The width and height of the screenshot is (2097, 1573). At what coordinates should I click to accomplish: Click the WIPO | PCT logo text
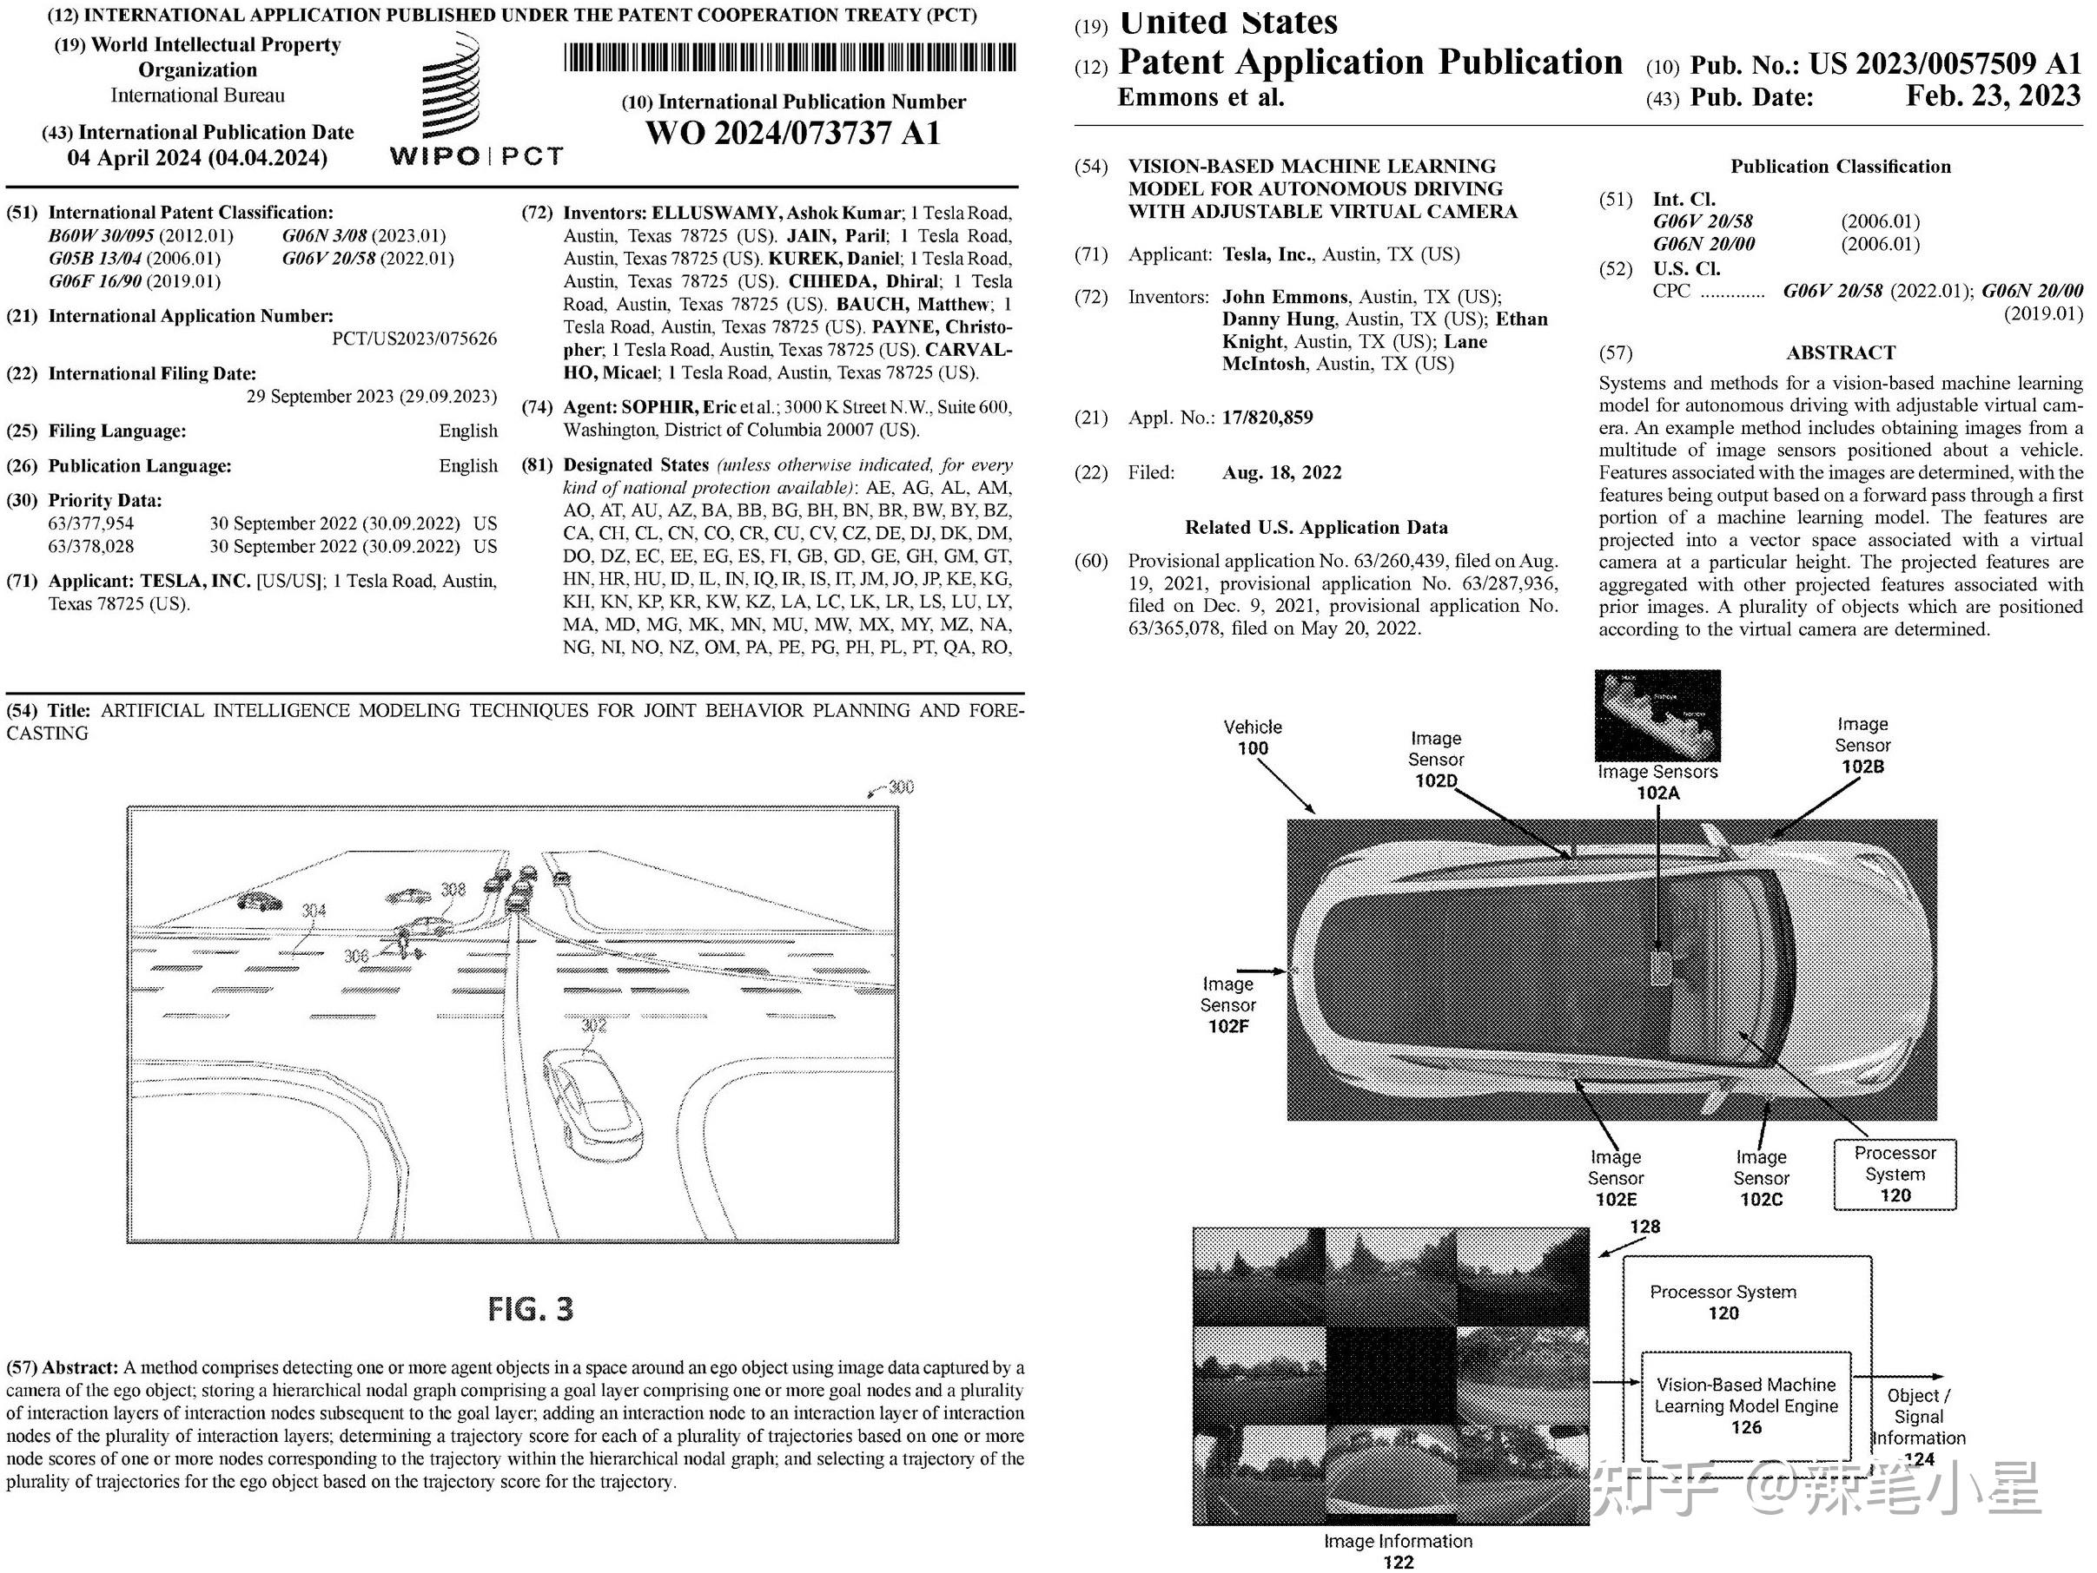pos(476,156)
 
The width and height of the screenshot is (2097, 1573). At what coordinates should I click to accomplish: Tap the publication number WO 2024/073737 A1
pos(792,134)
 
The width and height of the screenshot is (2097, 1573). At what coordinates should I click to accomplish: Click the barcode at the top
pos(790,59)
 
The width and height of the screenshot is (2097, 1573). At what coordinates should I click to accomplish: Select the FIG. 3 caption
pos(530,1308)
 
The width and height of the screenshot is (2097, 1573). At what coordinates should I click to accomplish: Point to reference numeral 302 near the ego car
pos(593,1025)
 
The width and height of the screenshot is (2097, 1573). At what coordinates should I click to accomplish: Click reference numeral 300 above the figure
pos(900,787)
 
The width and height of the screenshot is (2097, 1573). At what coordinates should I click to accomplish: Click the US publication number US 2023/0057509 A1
pos(1944,63)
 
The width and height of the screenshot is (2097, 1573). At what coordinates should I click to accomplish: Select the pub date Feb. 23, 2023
pos(1993,95)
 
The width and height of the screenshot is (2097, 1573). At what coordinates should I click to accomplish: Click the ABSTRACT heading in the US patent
pos(1840,352)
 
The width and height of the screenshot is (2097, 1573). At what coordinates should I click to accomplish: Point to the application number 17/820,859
pos(1267,417)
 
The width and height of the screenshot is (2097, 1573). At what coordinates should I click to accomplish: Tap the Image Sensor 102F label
pos(1227,1005)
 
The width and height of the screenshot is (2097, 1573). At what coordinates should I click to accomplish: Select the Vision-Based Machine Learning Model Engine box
pos(1745,1406)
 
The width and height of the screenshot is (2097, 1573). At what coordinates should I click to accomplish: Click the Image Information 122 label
pos(1398,1550)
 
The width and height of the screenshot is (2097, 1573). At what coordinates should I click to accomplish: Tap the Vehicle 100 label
pos(1253,737)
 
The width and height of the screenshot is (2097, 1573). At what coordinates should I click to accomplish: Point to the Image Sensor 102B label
pos(1862,745)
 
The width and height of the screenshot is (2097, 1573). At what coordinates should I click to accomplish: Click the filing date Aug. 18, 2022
pos(1281,473)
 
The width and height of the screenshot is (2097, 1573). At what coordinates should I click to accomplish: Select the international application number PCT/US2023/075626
pos(414,339)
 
